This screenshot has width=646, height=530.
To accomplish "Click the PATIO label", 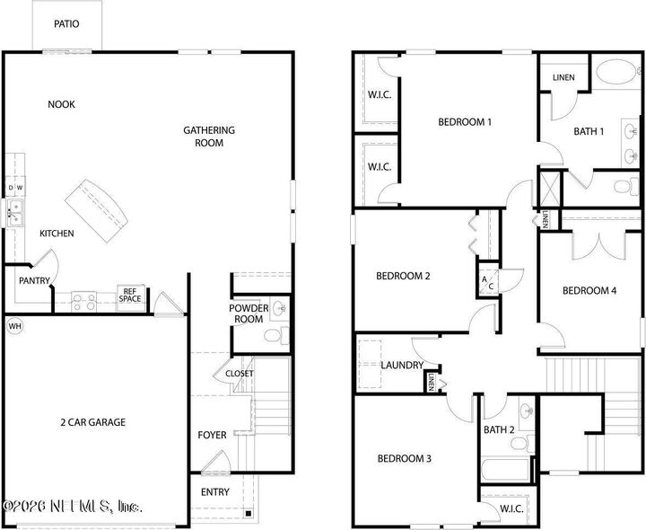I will click(x=66, y=24).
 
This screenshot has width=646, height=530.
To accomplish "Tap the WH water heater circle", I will click(x=14, y=325).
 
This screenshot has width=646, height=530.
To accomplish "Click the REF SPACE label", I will click(x=130, y=296).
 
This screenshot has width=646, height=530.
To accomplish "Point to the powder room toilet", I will click(x=274, y=337).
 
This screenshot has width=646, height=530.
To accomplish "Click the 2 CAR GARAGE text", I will click(x=93, y=422).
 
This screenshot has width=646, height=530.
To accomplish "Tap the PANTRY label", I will click(x=34, y=280).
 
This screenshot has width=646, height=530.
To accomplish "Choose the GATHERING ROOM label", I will click(x=209, y=137).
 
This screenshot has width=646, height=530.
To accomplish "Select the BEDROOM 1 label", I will click(x=465, y=122).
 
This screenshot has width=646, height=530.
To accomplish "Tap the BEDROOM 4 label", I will click(x=589, y=290).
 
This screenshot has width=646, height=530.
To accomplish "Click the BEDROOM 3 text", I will click(x=404, y=458).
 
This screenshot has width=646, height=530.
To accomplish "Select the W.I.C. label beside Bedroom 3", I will click(x=511, y=508).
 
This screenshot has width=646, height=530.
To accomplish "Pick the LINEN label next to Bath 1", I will click(x=563, y=78).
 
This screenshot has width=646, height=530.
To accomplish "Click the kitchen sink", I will click(x=15, y=213).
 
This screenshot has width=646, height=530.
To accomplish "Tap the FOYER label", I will click(x=213, y=436).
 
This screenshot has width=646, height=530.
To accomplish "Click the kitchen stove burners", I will click(x=83, y=301).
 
